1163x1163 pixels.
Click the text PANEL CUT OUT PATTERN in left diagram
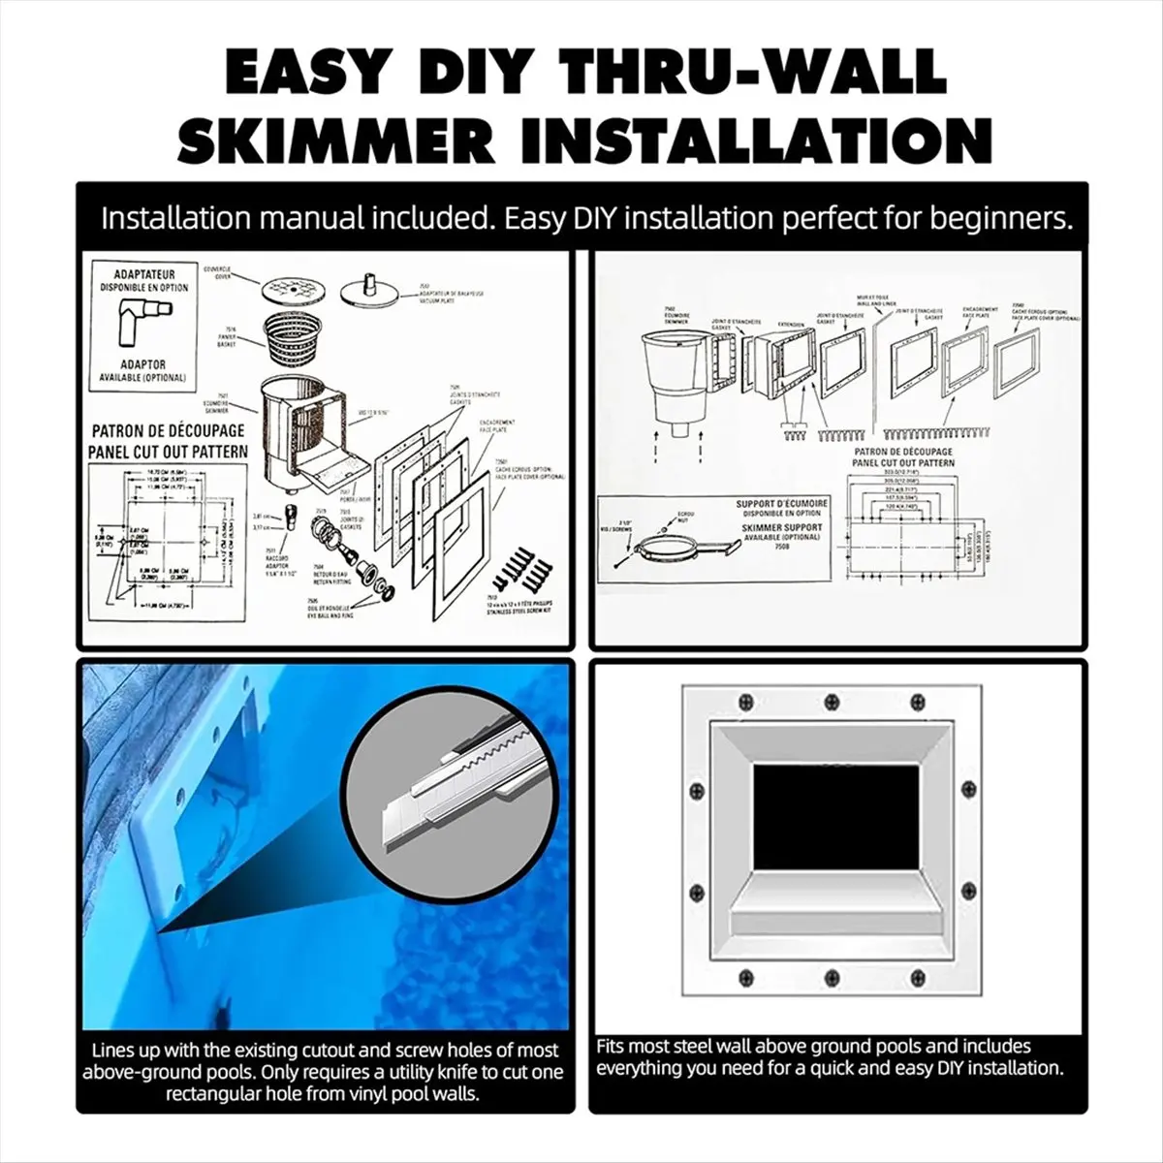169,450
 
